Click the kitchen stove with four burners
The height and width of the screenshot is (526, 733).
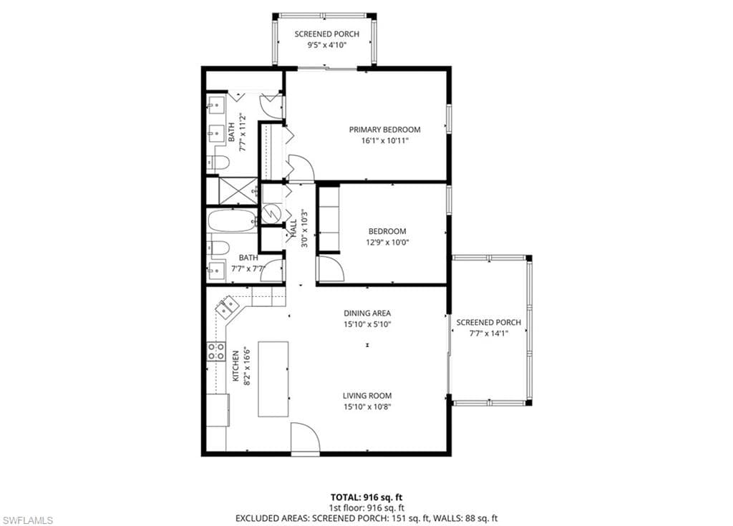click(216, 351)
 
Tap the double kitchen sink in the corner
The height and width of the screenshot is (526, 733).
click(228, 306)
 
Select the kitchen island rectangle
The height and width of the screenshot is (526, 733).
click(273, 379)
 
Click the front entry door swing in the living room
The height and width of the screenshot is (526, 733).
click(304, 438)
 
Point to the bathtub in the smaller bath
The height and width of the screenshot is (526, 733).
click(232, 220)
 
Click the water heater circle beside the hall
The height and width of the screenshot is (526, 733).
click(271, 213)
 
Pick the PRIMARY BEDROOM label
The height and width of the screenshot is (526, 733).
click(384, 130)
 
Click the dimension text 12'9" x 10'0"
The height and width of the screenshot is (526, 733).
click(387, 243)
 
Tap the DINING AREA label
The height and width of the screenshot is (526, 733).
click(367, 313)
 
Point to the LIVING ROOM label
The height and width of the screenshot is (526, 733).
click(366, 396)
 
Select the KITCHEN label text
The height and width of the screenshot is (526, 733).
click(235, 365)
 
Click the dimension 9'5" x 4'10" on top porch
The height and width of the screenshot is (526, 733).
click(326, 46)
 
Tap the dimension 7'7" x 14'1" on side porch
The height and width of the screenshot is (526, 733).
click(488, 333)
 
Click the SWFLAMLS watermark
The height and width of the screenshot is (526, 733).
click(27, 519)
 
